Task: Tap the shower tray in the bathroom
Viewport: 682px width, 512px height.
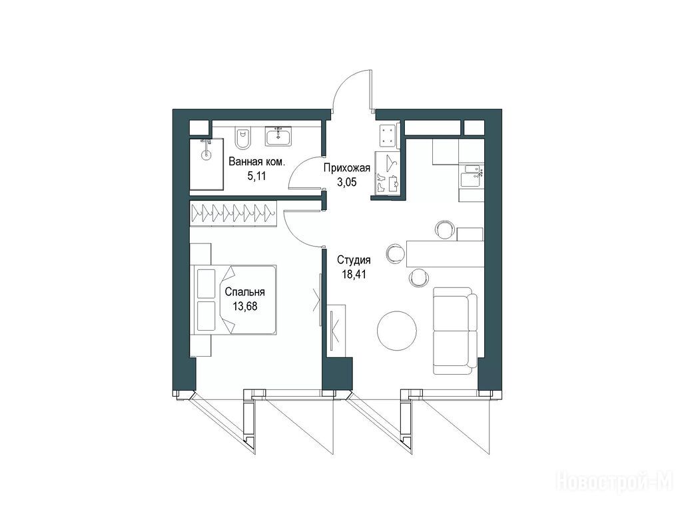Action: [x=206, y=164]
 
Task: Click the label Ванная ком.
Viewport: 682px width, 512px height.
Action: [x=257, y=163]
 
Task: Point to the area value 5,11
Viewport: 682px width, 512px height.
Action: [x=256, y=176]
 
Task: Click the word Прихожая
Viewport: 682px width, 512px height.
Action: [x=346, y=168]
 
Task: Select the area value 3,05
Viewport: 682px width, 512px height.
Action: [x=346, y=182]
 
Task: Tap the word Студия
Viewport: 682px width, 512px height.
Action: [x=354, y=261]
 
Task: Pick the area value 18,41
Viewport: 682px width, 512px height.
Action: [x=354, y=274]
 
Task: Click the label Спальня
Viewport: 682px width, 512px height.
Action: [x=245, y=292]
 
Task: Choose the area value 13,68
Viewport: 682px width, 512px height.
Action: [x=245, y=306]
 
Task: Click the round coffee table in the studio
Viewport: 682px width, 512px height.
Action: [x=397, y=330]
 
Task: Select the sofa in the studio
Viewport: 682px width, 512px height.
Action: [x=455, y=331]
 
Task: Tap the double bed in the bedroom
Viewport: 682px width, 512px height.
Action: [x=234, y=300]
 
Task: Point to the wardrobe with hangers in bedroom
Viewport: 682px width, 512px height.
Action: [x=233, y=213]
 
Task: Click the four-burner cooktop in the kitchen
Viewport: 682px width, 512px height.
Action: [x=388, y=136]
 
